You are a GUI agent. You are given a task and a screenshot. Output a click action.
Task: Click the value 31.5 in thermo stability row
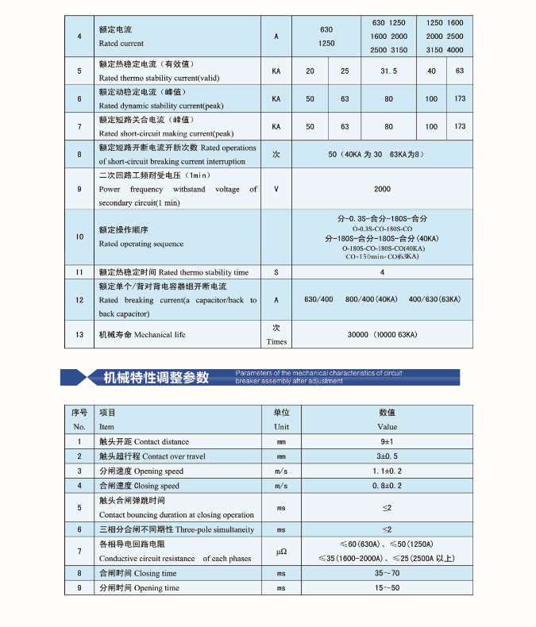pos(388,71)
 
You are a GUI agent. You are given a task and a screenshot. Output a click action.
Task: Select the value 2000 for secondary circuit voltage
pos(382,190)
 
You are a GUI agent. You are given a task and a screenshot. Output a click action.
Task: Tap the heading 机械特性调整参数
pos(156,377)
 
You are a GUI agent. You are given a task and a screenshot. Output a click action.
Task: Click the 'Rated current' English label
pos(121,44)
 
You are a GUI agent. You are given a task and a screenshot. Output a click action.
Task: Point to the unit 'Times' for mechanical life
pos(276,341)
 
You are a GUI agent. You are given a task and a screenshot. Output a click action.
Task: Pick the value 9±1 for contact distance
pos(387,441)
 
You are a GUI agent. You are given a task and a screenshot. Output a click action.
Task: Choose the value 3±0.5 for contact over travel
pos(387,456)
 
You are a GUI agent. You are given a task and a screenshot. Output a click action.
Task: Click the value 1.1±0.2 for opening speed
pos(387,471)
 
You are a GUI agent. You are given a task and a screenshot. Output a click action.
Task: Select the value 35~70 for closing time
pos(387,573)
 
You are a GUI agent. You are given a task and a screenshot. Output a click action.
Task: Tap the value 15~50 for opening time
pos(387,588)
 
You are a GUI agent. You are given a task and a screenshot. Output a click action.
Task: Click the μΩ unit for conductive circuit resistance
pos(281,551)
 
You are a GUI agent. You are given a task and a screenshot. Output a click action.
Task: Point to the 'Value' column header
pos(387,426)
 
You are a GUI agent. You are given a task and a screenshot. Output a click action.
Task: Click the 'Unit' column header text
pos(281,426)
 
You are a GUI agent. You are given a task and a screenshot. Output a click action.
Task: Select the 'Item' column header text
pos(106,426)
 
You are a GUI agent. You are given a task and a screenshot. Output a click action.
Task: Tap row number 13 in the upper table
pos(79,334)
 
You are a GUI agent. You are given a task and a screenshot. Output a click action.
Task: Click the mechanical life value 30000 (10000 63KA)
pos(382,335)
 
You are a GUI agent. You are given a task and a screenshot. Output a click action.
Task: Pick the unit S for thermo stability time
pos(276,272)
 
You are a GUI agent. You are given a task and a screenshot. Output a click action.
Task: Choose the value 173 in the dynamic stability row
pos(460,98)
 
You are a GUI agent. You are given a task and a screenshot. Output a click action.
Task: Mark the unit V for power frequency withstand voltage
pos(276,190)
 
